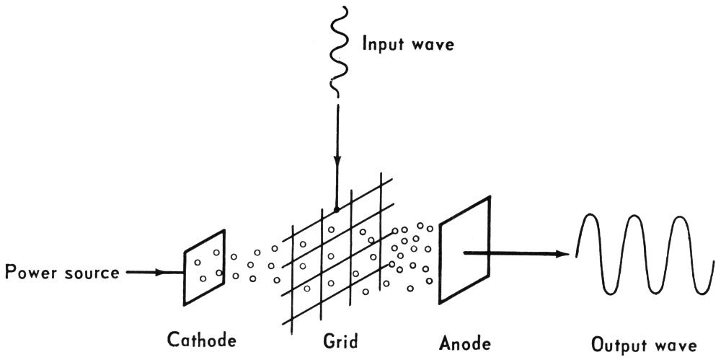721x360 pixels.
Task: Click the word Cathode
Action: tap(202, 338)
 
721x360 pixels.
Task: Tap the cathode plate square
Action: tap(205, 266)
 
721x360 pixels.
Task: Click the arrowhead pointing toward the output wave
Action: tap(562, 253)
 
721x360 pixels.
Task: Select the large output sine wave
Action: tap(642, 253)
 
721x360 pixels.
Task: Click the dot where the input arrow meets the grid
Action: tap(336, 210)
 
